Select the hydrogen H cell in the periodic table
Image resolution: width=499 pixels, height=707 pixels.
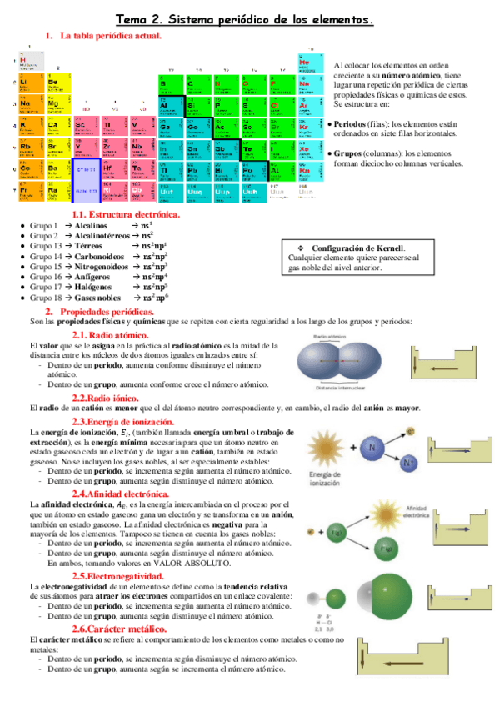coord(25,62)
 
